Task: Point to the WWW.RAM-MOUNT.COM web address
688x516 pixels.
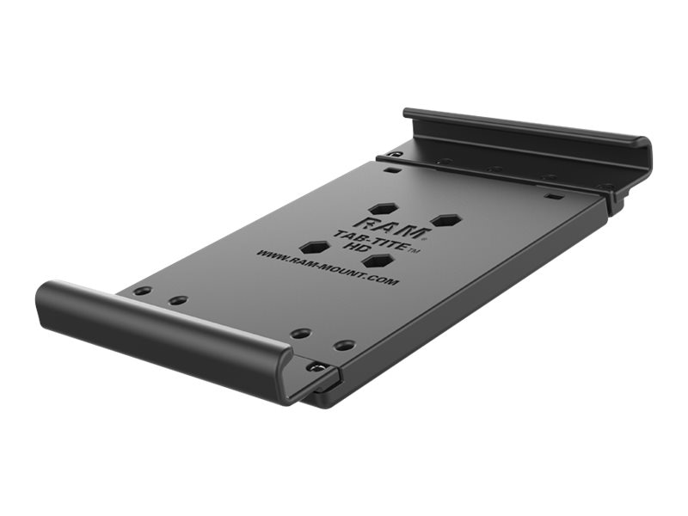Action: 326,267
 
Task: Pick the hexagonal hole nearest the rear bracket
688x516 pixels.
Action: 384,208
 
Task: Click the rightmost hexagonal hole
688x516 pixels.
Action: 443,220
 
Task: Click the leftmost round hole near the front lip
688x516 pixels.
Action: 143,291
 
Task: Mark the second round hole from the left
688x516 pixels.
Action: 178,300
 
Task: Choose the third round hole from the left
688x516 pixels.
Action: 300,333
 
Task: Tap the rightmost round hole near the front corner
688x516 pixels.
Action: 344,345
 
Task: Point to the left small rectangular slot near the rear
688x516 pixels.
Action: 391,170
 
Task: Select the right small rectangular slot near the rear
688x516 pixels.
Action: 555,195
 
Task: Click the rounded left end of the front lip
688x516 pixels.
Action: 45,301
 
